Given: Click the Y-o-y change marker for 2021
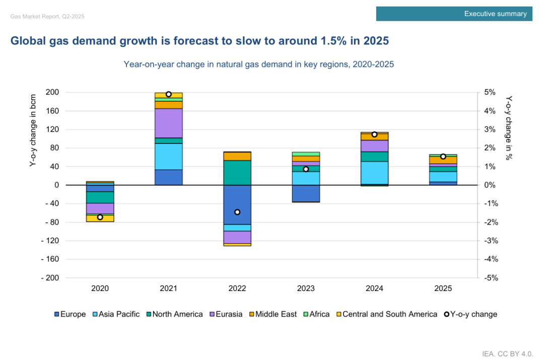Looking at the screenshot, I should coord(169,94).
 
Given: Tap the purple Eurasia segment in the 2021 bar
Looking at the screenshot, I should coord(169,123).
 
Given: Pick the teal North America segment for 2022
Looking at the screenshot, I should coord(237,172).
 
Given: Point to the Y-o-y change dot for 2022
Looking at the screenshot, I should coord(237,212).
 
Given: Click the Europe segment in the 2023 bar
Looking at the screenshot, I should coord(306,193).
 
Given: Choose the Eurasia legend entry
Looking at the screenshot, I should coord(227,314).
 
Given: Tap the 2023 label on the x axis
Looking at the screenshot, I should coord(306,289).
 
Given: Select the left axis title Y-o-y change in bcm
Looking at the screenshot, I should coord(33,130).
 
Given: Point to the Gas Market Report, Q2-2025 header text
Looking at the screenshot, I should coord(47,16).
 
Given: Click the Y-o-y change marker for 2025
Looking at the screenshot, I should coord(443,157).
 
